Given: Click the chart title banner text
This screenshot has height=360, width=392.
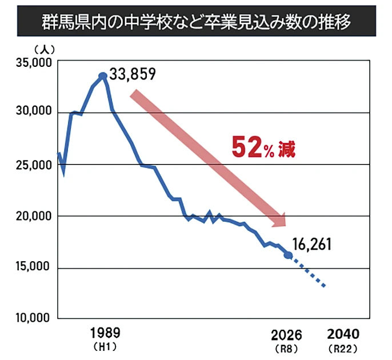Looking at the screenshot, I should click(195, 23).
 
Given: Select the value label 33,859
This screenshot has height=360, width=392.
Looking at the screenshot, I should click(133, 75).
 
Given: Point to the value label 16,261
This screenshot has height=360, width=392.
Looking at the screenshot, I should click(313, 245).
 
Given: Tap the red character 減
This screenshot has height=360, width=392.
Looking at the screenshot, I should click(286, 150).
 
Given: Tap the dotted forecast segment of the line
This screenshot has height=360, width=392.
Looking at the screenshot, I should click(309, 271).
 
